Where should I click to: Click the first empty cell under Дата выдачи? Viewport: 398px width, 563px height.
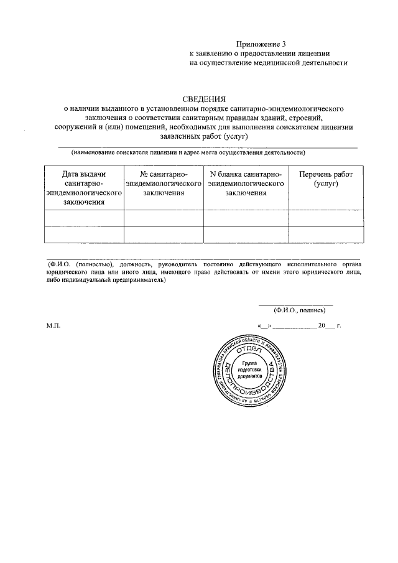tap(84, 218)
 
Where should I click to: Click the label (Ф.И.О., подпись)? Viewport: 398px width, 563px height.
tap(295, 310)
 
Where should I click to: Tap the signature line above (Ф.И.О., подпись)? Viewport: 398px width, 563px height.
tap(295, 304)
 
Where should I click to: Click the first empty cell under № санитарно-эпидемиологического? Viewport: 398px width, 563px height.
tap(164, 218)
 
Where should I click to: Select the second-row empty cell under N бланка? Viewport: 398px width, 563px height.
tap(246, 234)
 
